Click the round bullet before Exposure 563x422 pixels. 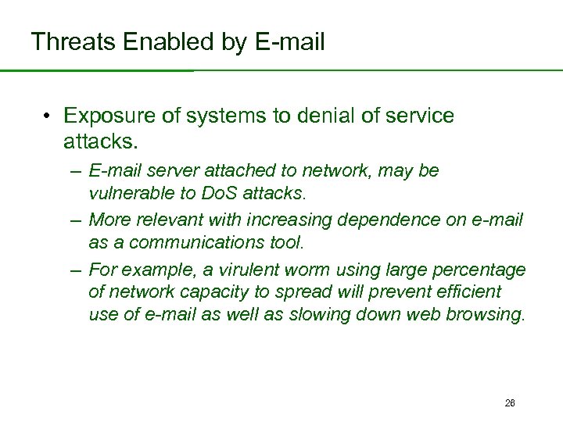pos(48,116)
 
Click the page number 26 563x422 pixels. pos(510,403)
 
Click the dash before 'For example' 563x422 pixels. pos(75,270)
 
